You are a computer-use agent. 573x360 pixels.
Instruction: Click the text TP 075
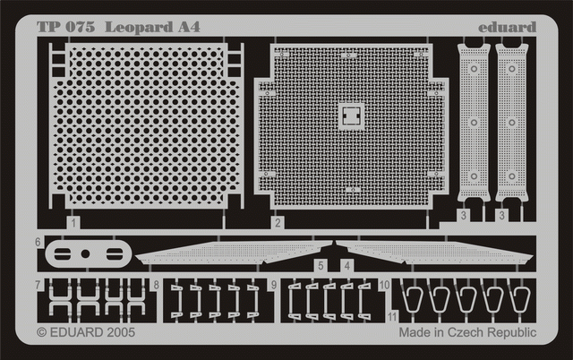click(66, 26)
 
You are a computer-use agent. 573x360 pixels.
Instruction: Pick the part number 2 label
click(278, 222)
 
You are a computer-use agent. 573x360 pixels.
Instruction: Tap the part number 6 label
click(39, 242)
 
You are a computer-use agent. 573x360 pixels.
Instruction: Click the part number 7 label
click(39, 286)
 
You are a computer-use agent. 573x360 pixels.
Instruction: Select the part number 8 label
click(157, 286)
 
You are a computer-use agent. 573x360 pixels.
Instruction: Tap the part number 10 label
click(383, 286)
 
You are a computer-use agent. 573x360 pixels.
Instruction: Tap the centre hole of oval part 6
click(85, 253)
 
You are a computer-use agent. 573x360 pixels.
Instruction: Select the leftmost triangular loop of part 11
click(413, 301)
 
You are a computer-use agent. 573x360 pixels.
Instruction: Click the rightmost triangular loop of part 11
click(520, 301)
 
